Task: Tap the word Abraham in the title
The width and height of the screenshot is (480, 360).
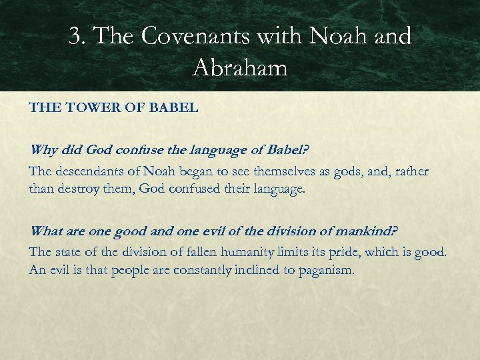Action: click(x=240, y=67)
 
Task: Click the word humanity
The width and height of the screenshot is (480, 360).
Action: click(x=249, y=251)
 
